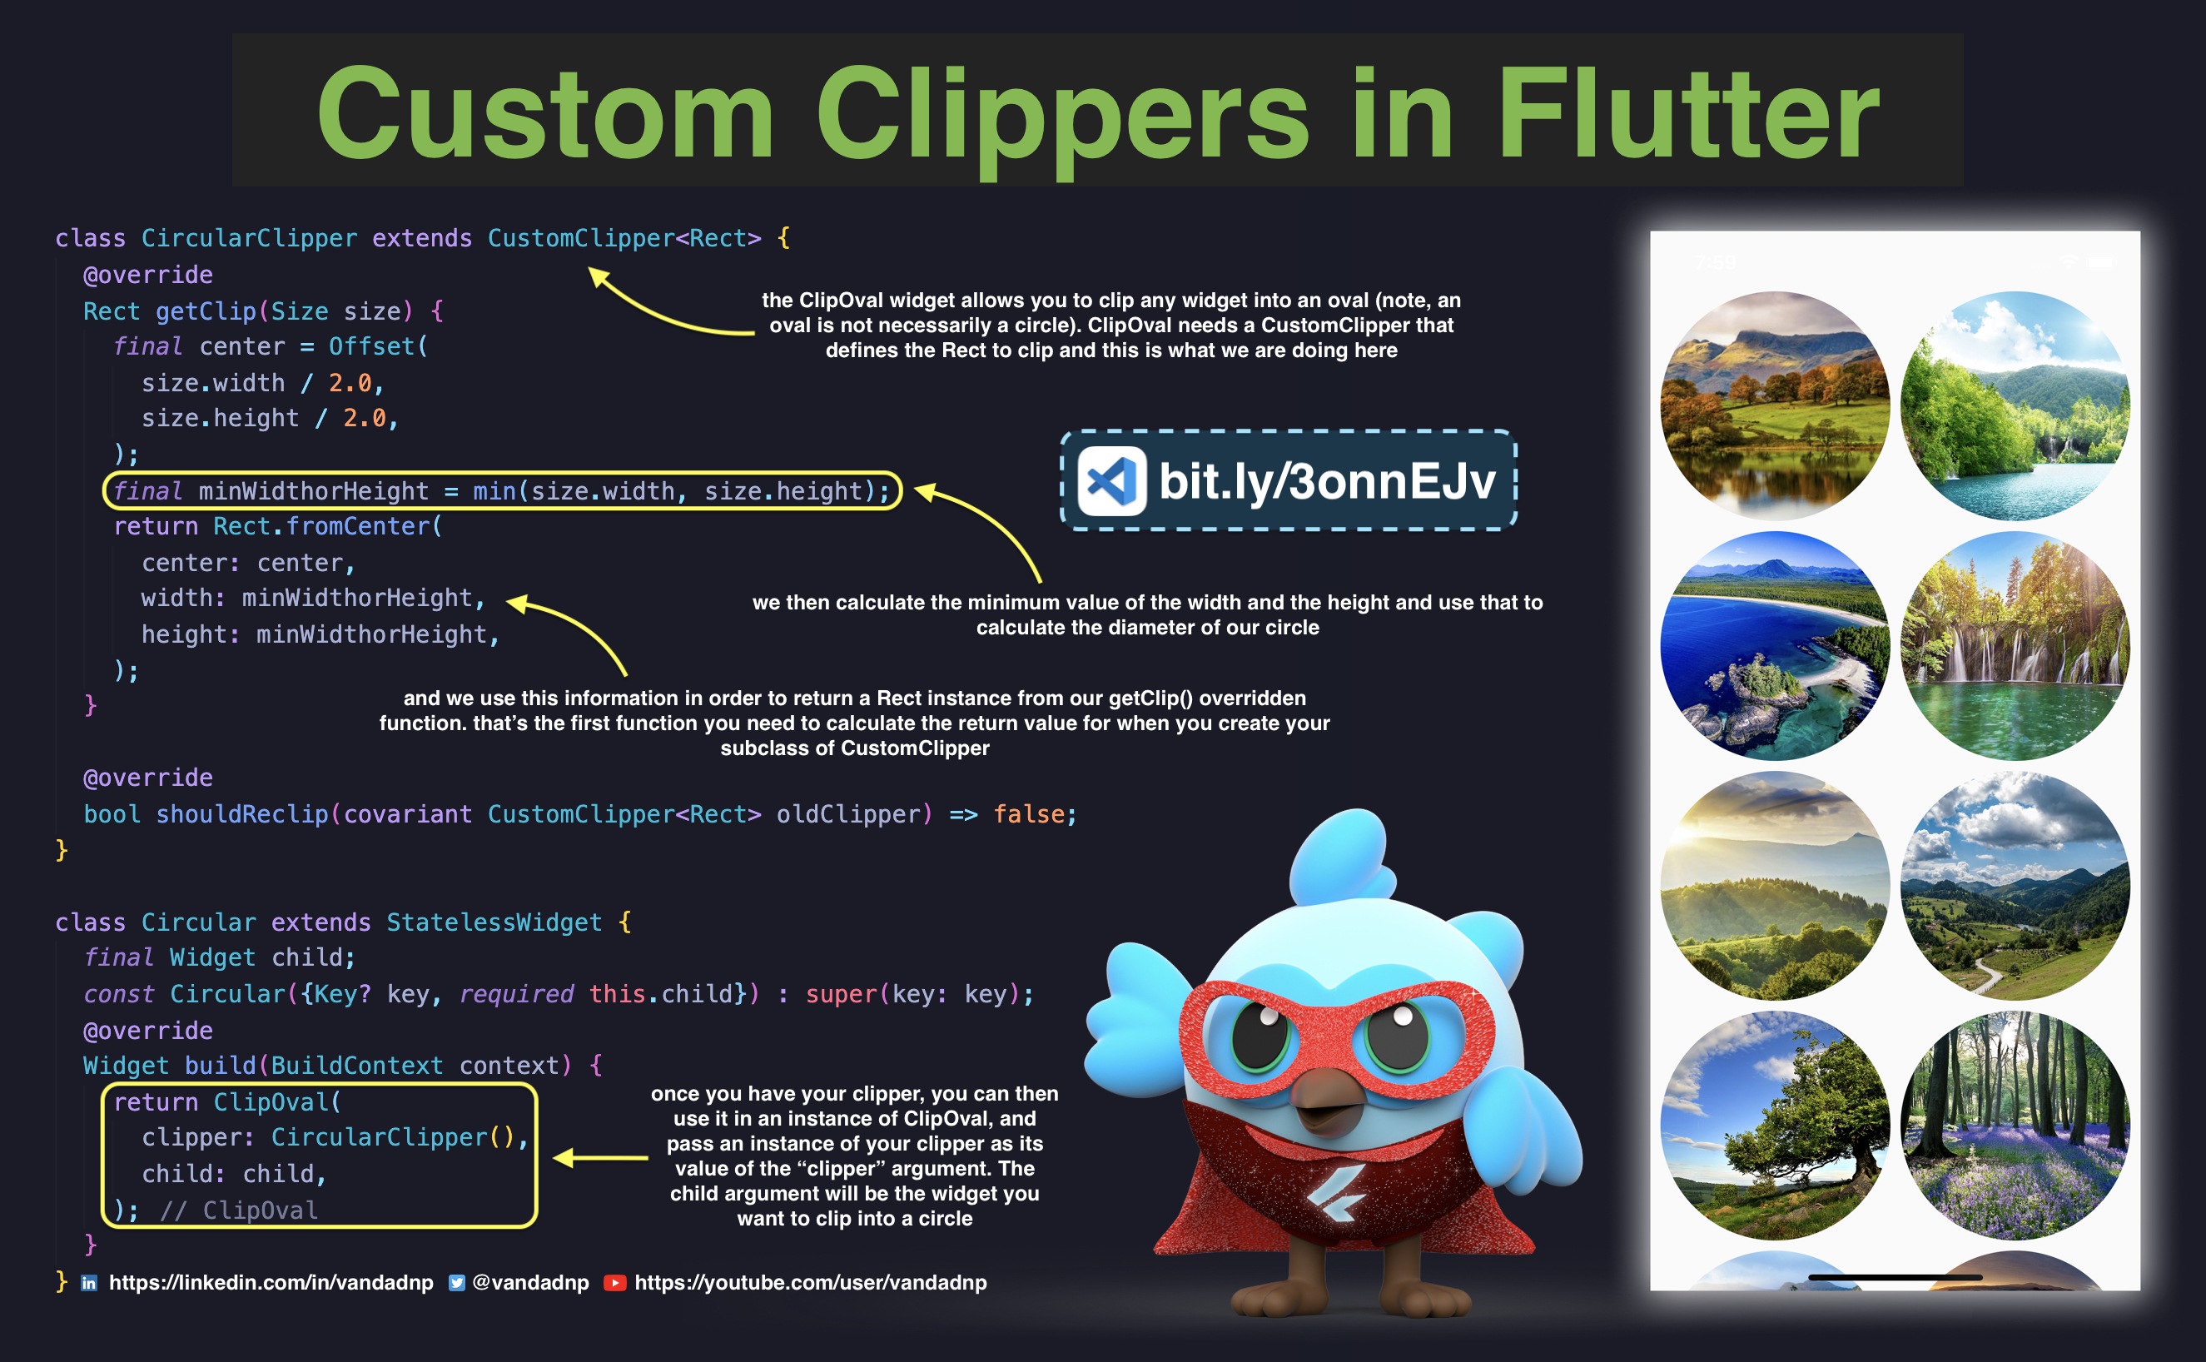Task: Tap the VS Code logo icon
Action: coord(1111,481)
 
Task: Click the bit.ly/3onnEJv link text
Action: coord(1327,481)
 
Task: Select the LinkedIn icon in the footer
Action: coord(89,1283)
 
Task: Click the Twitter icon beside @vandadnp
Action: coord(457,1283)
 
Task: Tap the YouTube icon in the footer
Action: coord(614,1283)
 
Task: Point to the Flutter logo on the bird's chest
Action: coord(1337,1194)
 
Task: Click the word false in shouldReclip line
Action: coord(1029,814)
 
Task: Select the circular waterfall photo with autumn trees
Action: coord(2015,646)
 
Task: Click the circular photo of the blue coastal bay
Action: coord(1775,646)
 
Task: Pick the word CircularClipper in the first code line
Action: coord(249,239)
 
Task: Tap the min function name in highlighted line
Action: coord(494,491)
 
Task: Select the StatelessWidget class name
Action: coord(494,922)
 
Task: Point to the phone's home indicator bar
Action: coord(1895,1277)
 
